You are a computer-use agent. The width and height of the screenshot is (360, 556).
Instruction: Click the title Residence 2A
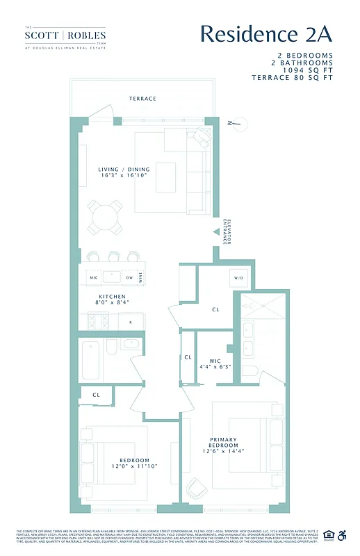(266, 33)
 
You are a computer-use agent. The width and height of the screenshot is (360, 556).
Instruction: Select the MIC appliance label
(93, 278)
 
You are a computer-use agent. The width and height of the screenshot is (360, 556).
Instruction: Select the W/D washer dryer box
(239, 278)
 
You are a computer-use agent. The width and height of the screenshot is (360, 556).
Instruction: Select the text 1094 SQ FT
(303, 69)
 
